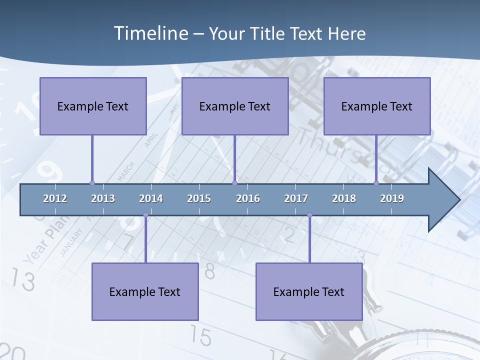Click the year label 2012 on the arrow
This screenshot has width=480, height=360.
(x=55, y=198)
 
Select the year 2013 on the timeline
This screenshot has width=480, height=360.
(x=103, y=198)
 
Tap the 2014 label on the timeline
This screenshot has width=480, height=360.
(x=151, y=198)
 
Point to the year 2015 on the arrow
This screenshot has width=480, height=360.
(x=199, y=198)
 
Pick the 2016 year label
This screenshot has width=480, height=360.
(x=248, y=198)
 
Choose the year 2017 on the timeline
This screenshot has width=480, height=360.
(x=296, y=198)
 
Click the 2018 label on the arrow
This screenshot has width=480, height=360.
(x=344, y=198)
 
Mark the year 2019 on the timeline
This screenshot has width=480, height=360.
(x=392, y=198)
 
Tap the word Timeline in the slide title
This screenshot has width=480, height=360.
(x=150, y=33)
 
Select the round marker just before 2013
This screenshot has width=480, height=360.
(x=92, y=183)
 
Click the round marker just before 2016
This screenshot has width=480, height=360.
(x=234, y=183)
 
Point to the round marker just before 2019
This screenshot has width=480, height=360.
(x=376, y=183)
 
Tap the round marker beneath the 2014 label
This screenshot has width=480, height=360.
(x=145, y=215)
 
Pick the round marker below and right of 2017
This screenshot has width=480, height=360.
(x=309, y=215)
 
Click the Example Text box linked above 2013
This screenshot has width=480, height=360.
(x=93, y=106)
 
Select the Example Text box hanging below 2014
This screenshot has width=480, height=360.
(x=145, y=291)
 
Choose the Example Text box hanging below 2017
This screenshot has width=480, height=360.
(x=309, y=291)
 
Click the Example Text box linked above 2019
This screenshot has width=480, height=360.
(x=377, y=106)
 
